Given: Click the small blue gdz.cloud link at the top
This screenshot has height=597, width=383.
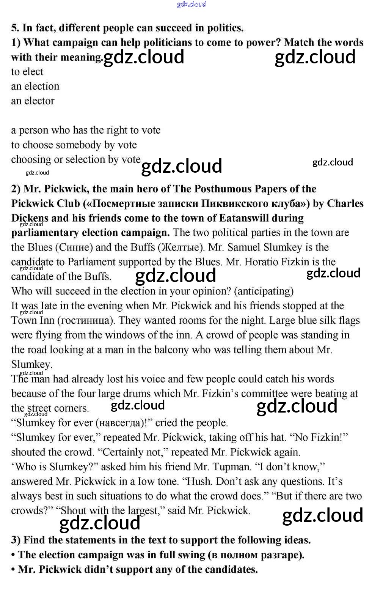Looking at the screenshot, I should pyautogui.click(x=191, y=4).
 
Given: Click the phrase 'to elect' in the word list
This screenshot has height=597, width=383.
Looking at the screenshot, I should pyautogui.click(x=27, y=72).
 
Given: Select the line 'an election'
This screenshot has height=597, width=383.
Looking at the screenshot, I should pyautogui.click(x=35, y=87).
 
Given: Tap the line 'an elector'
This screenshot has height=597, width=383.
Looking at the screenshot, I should pyautogui.click(x=33, y=101).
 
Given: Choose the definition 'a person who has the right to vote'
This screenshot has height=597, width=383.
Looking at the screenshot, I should pyautogui.click(x=86, y=130).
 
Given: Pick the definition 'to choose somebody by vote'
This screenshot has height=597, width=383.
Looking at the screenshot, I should pyautogui.click(x=74, y=145).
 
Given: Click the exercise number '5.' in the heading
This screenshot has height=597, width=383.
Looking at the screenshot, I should pyautogui.click(x=15, y=28).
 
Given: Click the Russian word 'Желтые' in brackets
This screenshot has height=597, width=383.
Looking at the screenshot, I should pyautogui.click(x=180, y=247).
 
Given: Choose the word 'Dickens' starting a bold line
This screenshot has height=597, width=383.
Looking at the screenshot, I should pyautogui.click(x=30, y=218).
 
